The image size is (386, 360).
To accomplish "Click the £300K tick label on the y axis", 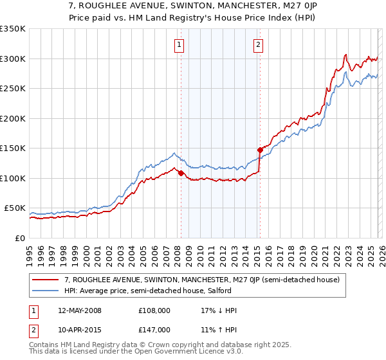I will [x=13, y=59].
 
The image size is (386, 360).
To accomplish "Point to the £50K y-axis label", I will [x=15, y=208].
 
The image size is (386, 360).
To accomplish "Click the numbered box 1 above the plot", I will [x=178, y=44].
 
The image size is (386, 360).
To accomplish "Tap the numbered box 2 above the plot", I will [x=258, y=44].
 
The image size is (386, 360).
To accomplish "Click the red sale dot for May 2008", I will [x=181, y=173].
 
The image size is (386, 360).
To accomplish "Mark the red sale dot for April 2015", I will [x=260, y=150].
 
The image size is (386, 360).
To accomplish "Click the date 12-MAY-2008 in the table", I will [x=79, y=310].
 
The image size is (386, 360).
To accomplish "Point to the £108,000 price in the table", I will [x=154, y=310].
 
